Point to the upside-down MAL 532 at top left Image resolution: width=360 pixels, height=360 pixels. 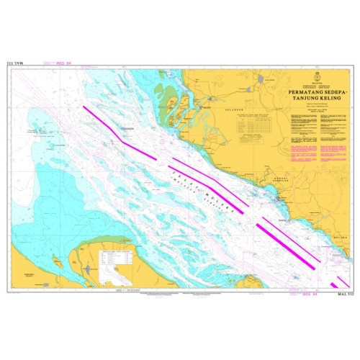[16, 64]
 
